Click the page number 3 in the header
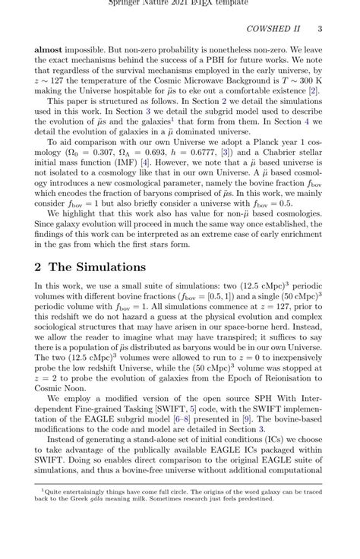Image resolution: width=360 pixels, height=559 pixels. tap(321, 29)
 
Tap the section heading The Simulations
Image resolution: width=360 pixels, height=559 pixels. tap(97, 267)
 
